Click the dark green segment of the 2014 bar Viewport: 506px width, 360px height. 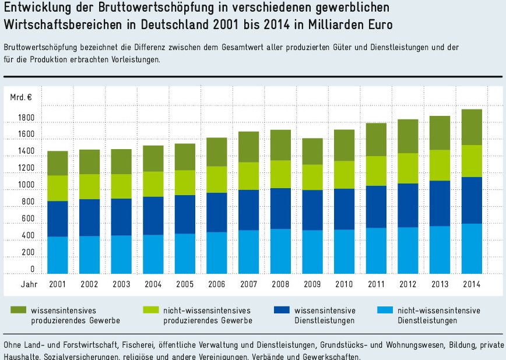click(472, 127)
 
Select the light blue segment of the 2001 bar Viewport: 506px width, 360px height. click(58, 255)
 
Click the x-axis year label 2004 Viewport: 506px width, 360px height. click(153, 284)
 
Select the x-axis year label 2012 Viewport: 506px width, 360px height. click(408, 284)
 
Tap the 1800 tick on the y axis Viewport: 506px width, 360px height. click(26, 119)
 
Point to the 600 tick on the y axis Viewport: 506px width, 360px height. click(28, 218)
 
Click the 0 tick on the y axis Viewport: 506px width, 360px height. click(33, 269)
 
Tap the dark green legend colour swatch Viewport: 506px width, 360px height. click(18, 310)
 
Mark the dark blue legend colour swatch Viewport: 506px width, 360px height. click(282, 310)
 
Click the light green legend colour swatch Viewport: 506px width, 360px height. click(150, 310)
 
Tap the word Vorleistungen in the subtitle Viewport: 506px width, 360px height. click(131, 59)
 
